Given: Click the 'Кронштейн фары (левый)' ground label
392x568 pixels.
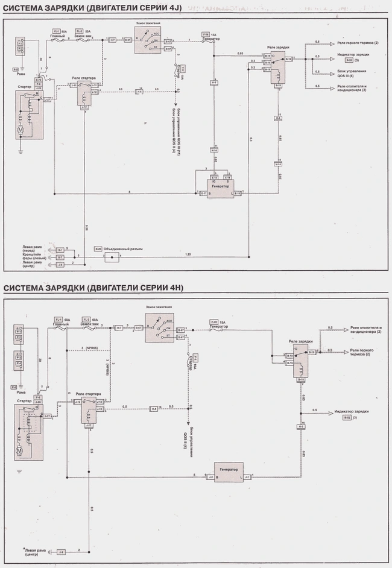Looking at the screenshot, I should [x=36, y=256].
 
